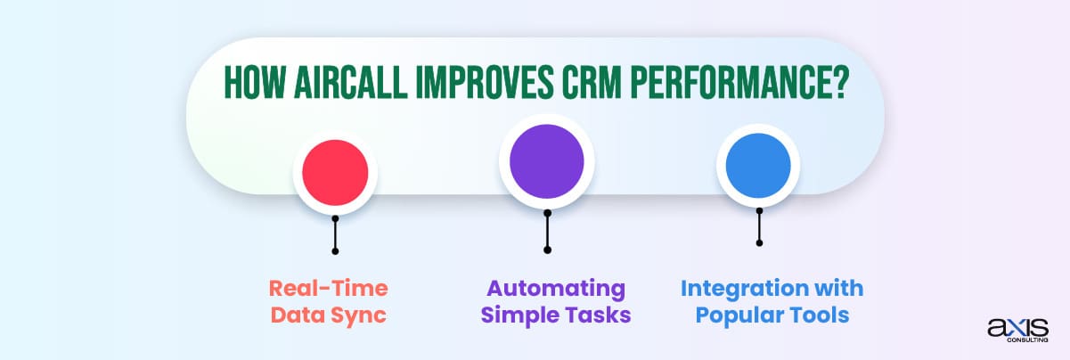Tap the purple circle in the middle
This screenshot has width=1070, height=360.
[546, 161]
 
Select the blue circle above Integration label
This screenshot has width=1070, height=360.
[758, 167]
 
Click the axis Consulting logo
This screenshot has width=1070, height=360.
[1017, 331]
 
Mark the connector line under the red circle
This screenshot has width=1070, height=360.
[335, 233]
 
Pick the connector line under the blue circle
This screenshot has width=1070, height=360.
[758, 226]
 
